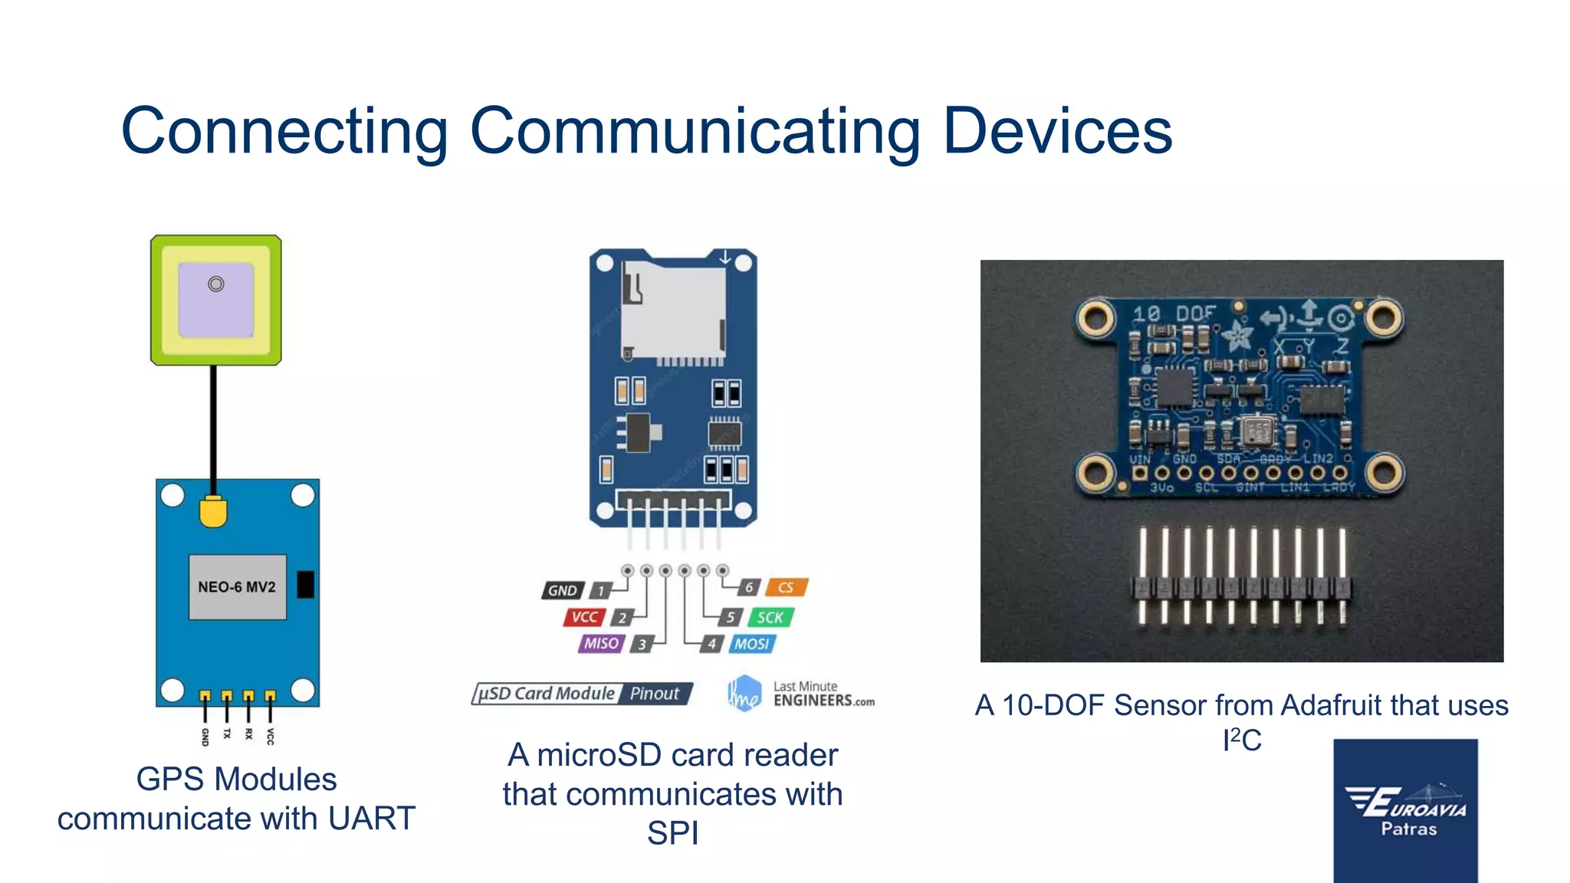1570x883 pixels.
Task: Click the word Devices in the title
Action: pyautogui.click(x=1057, y=131)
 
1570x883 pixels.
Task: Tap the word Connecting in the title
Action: pyautogui.click(x=284, y=131)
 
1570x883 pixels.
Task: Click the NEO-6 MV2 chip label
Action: pyautogui.click(x=237, y=587)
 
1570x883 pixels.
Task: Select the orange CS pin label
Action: pyautogui.click(x=786, y=588)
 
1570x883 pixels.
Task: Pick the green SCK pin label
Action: pyautogui.click(x=770, y=617)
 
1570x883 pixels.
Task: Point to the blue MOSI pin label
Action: pyautogui.click(x=751, y=644)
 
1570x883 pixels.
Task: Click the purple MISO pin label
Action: pyautogui.click(x=601, y=644)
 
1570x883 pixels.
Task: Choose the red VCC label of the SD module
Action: pyautogui.click(x=585, y=617)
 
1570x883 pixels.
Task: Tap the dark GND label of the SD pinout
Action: pyautogui.click(x=563, y=590)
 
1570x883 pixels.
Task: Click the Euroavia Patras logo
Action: pyautogui.click(x=1405, y=810)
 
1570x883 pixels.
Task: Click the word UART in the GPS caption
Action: pyautogui.click(x=372, y=819)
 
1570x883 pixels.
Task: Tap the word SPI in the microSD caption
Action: pyautogui.click(x=672, y=833)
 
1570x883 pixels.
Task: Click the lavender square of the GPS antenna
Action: pyautogui.click(x=216, y=300)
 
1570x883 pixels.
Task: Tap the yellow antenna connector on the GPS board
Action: pyautogui.click(x=213, y=511)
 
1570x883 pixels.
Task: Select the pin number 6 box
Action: pyautogui.click(x=749, y=588)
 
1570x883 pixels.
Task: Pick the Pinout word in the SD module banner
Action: pyautogui.click(x=654, y=694)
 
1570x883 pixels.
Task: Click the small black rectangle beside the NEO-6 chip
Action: pyautogui.click(x=305, y=584)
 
